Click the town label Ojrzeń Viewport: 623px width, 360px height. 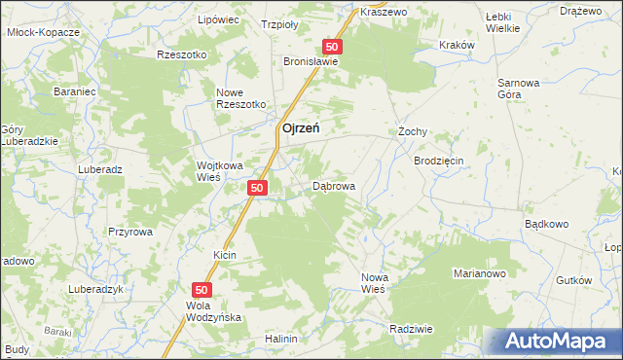coord(303,127)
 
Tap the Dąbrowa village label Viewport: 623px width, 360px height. coord(333,185)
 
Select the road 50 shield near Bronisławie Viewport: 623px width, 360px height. coord(333,47)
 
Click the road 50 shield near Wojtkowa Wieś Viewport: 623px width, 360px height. coord(257,188)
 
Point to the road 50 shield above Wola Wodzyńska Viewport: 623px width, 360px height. coord(202,289)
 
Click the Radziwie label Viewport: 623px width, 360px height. coord(410,329)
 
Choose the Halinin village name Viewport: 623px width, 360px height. coord(280,339)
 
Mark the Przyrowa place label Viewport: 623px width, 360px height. coord(130,232)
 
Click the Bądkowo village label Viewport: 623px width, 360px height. coord(545,224)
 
